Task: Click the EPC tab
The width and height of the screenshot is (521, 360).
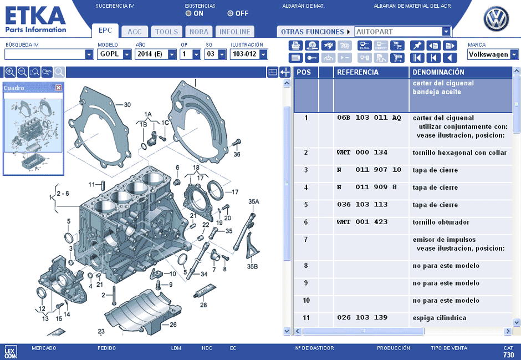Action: (105, 31)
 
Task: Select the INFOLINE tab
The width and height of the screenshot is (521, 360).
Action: (234, 32)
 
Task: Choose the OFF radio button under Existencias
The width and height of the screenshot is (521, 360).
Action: (230, 14)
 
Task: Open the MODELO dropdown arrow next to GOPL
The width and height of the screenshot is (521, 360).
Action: (127, 54)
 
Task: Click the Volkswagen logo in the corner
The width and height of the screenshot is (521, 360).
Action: (496, 19)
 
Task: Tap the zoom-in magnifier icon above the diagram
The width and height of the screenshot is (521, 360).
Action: (10, 72)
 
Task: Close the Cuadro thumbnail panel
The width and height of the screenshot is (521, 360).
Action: (59, 88)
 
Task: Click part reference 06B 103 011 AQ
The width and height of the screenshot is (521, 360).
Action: (369, 118)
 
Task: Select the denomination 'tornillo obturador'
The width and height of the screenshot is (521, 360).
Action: (441, 222)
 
